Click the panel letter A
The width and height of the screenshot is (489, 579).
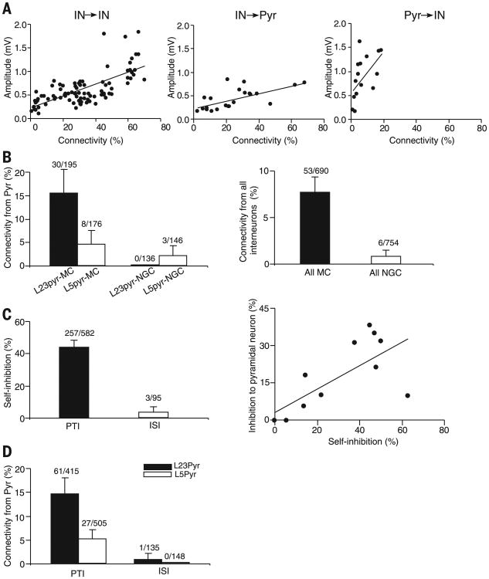(x=7, y=7)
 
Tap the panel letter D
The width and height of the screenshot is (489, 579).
(x=7, y=446)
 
